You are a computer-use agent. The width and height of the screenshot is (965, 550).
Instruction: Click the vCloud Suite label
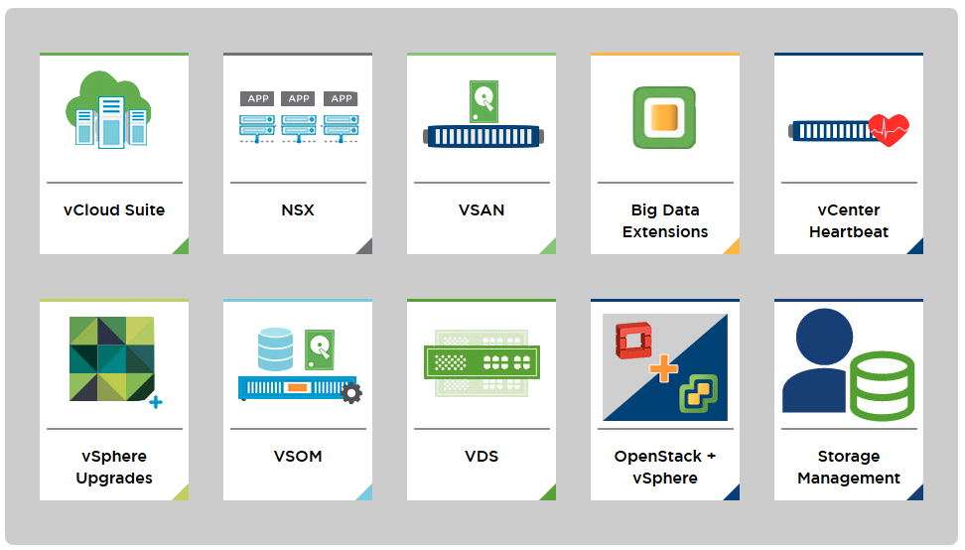click(x=114, y=209)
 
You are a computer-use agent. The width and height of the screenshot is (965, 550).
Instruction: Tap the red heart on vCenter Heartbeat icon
click(x=889, y=129)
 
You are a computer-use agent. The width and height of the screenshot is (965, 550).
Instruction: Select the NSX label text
click(x=298, y=209)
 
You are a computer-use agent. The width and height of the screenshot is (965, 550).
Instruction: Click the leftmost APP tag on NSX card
click(x=258, y=98)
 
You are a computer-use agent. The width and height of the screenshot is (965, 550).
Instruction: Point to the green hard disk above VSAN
click(x=483, y=101)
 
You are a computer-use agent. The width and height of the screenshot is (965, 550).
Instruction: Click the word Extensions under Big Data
click(x=664, y=232)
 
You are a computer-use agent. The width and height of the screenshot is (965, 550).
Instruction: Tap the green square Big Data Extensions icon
click(x=664, y=117)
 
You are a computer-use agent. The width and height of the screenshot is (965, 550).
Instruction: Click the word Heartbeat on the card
click(x=849, y=232)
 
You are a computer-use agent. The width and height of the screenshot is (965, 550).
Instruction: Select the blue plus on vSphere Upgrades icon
click(x=156, y=402)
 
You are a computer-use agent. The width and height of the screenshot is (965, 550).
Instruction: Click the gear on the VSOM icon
click(x=351, y=393)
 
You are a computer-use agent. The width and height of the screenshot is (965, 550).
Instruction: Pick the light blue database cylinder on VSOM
click(x=275, y=348)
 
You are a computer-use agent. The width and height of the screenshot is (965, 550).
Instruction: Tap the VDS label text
click(x=482, y=457)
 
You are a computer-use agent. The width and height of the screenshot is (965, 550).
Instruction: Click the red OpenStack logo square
click(x=633, y=339)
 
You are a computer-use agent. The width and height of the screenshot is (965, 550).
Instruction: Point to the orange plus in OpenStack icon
click(x=663, y=368)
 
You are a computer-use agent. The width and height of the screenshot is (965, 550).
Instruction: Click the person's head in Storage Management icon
click(x=824, y=337)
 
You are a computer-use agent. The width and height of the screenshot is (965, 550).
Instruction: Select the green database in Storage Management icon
click(x=882, y=386)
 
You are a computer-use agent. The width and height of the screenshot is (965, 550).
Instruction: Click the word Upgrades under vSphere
click(x=114, y=479)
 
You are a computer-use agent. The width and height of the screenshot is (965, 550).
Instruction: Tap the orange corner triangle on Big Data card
click(x=733, y=247)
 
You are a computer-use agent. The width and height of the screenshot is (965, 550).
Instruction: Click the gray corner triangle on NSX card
click(x=365, y=247)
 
